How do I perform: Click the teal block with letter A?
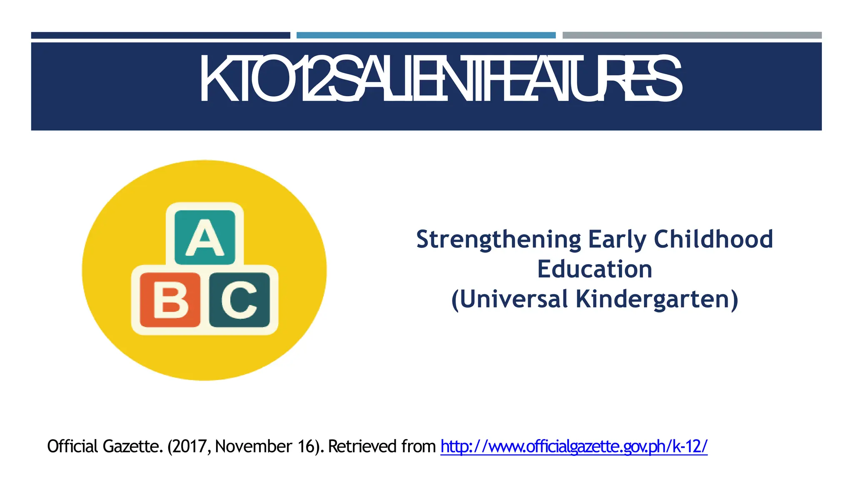[205, 237]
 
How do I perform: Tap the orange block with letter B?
[170, 300]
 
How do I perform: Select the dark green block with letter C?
[239, 300]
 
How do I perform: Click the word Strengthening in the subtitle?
[498, 240]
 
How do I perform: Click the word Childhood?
[713, 239]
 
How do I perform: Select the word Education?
[594, 269]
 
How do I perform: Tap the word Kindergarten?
[657, 300]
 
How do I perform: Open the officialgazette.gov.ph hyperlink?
[574, 446]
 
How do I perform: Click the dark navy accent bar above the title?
[160, 35]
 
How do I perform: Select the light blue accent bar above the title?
[426, 35]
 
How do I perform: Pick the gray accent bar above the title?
[692, 35]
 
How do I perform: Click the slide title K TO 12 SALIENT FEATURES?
[440, 79]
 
